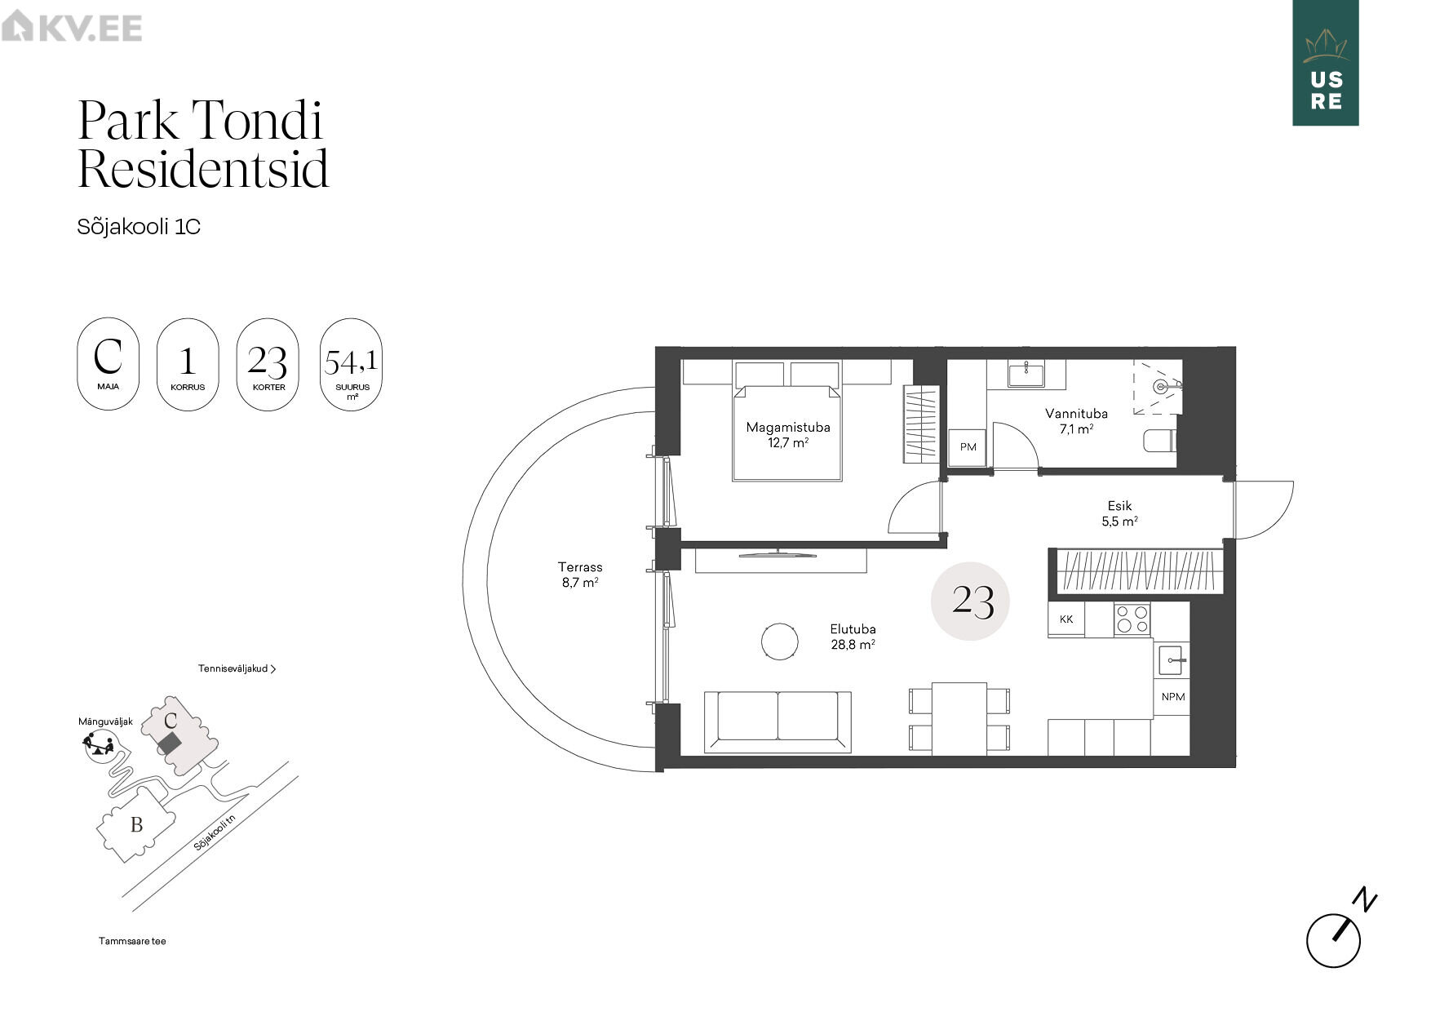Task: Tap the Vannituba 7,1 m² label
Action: pyautogui.click(x=1076, y=421)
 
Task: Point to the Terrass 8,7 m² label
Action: pyautogui.click(x=580, y=575)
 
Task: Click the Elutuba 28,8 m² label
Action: pyautogui.click(x=853, y=637)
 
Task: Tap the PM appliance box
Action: pyautogui.click(x=968, y=447)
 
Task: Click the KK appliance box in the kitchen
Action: pyautogui.click(x=1066, y=619)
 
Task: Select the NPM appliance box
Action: pyautogui.click(x=1172, y=697)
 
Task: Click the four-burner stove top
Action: pyautogui.click(x=1132, y=619)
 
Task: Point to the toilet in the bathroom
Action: pyautogui.click(x=1159, y=442)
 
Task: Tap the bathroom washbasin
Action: pyautogui.click(x=1026, y=375)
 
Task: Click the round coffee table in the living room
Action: pyautogui.click(x=780, y=641)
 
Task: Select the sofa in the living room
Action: pyautogui.click(x=778, y=721)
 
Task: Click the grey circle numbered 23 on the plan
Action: pyautogui.click(x=971, y=601)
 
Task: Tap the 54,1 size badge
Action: pyautogui.click(x=352, y=364)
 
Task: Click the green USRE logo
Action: pyautogui.click(x=1326, y=63)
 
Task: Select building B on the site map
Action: pyautogui.click(x=136, y=825)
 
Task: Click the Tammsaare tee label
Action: pyautogui.click(x=132, y=941)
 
